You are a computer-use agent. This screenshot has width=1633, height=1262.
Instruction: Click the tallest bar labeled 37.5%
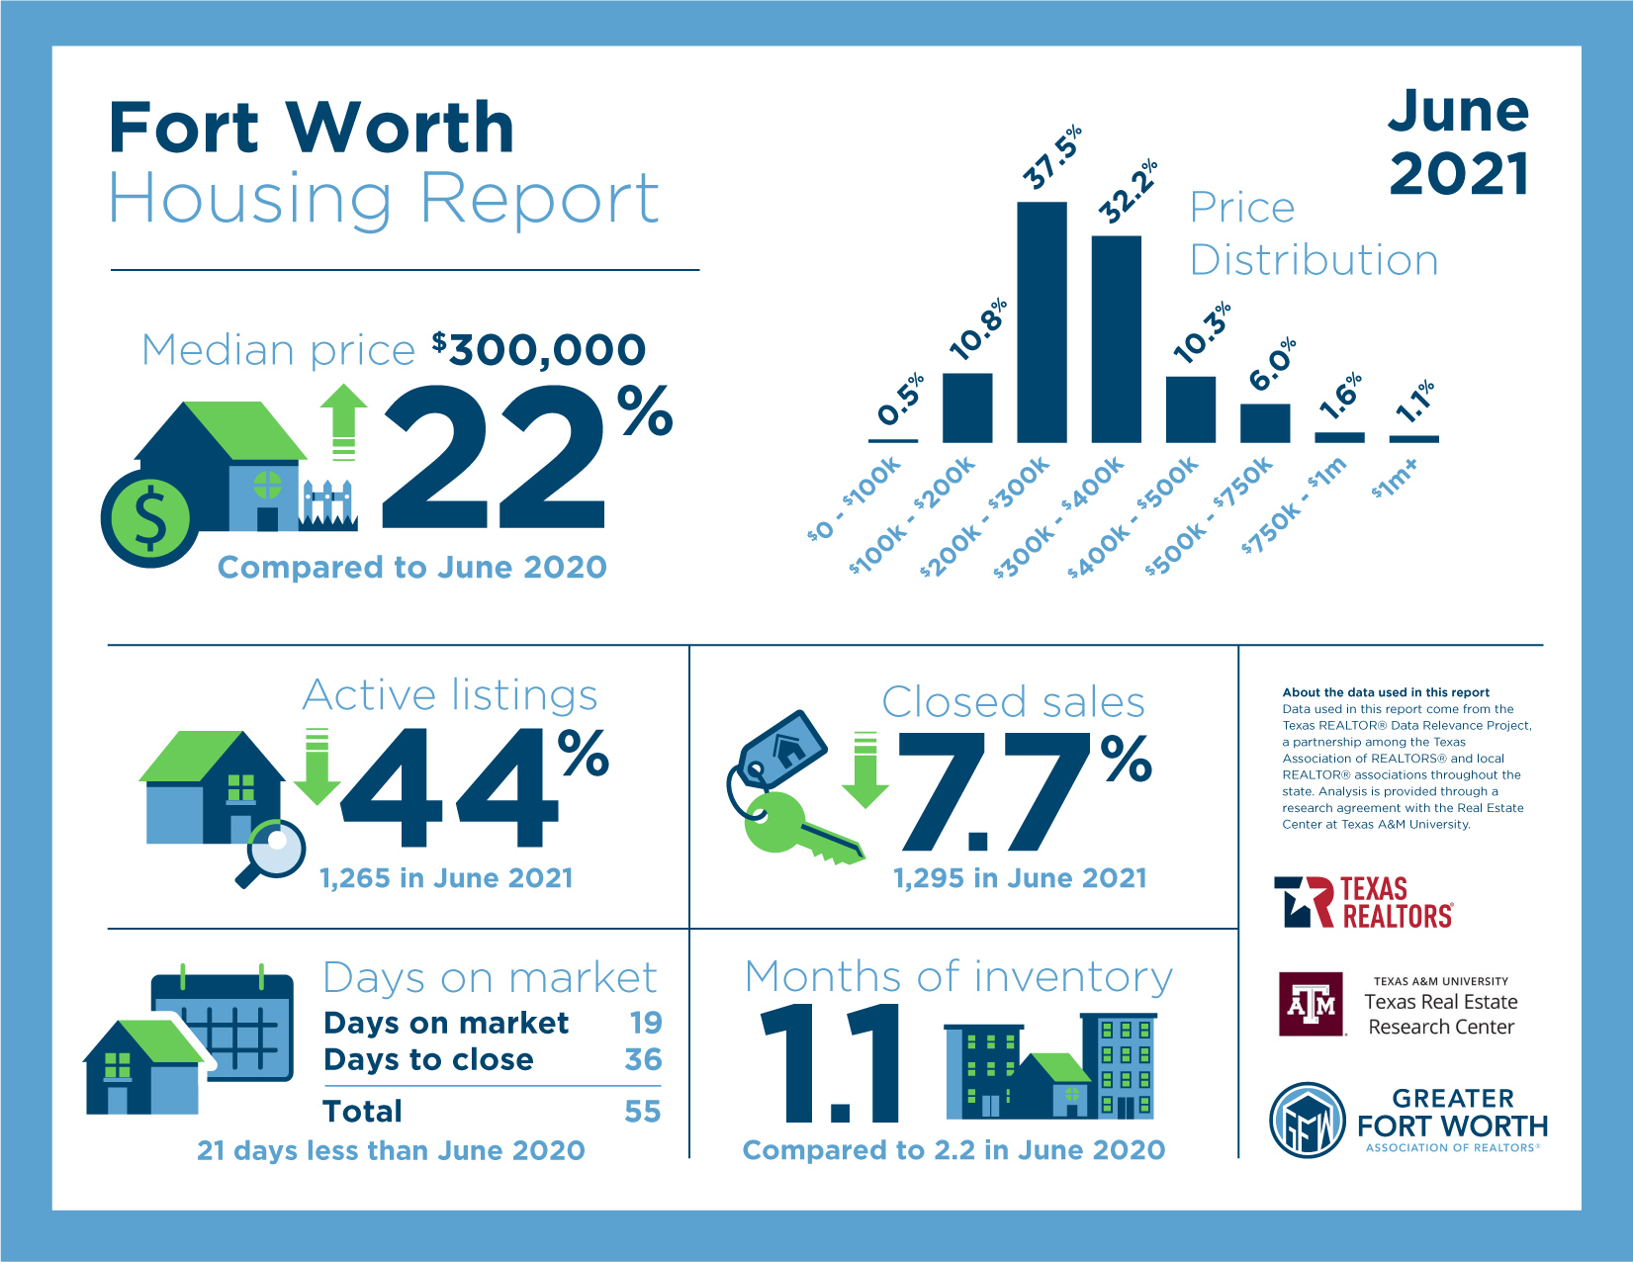[x=1042, y=321]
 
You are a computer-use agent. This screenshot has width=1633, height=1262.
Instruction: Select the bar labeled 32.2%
[x=1116, y=338]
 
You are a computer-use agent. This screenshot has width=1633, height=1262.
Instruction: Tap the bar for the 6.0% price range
[x=1265, y=422]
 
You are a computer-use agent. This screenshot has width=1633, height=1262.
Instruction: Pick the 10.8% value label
[x=978, y=329]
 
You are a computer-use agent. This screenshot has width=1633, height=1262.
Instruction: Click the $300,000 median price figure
[x=539, y=349]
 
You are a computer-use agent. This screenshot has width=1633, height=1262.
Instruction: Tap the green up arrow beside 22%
[x=343, y=420]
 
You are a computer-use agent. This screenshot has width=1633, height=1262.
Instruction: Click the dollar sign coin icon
[x=148, y=518]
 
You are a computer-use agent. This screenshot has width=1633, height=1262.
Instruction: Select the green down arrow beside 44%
[x=317, y=766]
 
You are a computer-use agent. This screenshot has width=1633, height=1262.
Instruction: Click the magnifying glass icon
[x=272, y=851]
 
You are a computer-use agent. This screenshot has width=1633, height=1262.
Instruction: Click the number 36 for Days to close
[x=643, y=1059]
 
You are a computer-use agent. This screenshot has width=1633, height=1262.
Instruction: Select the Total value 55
[x=643, y=1111]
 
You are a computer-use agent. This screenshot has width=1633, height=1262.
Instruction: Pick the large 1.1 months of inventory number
[x=831, y=1064]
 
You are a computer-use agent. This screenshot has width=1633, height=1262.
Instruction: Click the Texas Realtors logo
[x=1364, y=902]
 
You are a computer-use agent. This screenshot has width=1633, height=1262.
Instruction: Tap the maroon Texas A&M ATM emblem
[x=1312, y=1004]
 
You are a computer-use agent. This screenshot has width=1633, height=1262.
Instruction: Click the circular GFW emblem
[x=1308, y=1121]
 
